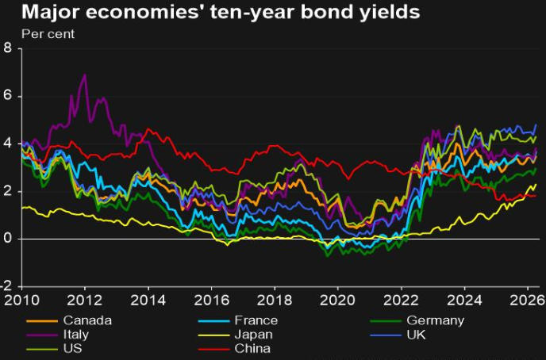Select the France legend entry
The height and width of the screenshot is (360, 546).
(x=256, y=320)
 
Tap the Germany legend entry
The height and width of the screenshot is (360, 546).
(x=435, y=320)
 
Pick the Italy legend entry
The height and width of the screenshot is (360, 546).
(x=78, y=334)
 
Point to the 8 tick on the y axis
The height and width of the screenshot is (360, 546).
(x=8, y=48)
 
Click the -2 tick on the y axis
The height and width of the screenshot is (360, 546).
(x=6, y=287)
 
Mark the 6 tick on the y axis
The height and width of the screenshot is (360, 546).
(x=8, y=96)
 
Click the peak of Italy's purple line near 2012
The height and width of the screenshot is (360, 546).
(x=85, y=75)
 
